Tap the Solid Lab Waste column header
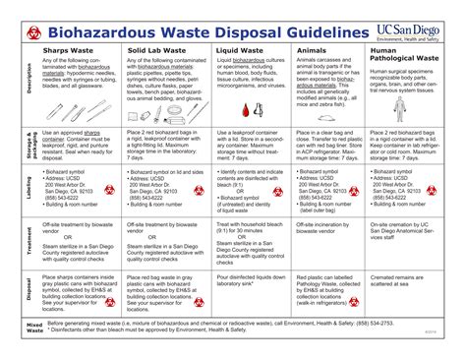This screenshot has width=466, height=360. coord(157,47)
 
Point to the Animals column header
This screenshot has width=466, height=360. coord(313,47)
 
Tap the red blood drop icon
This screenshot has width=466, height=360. coord(258,109)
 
